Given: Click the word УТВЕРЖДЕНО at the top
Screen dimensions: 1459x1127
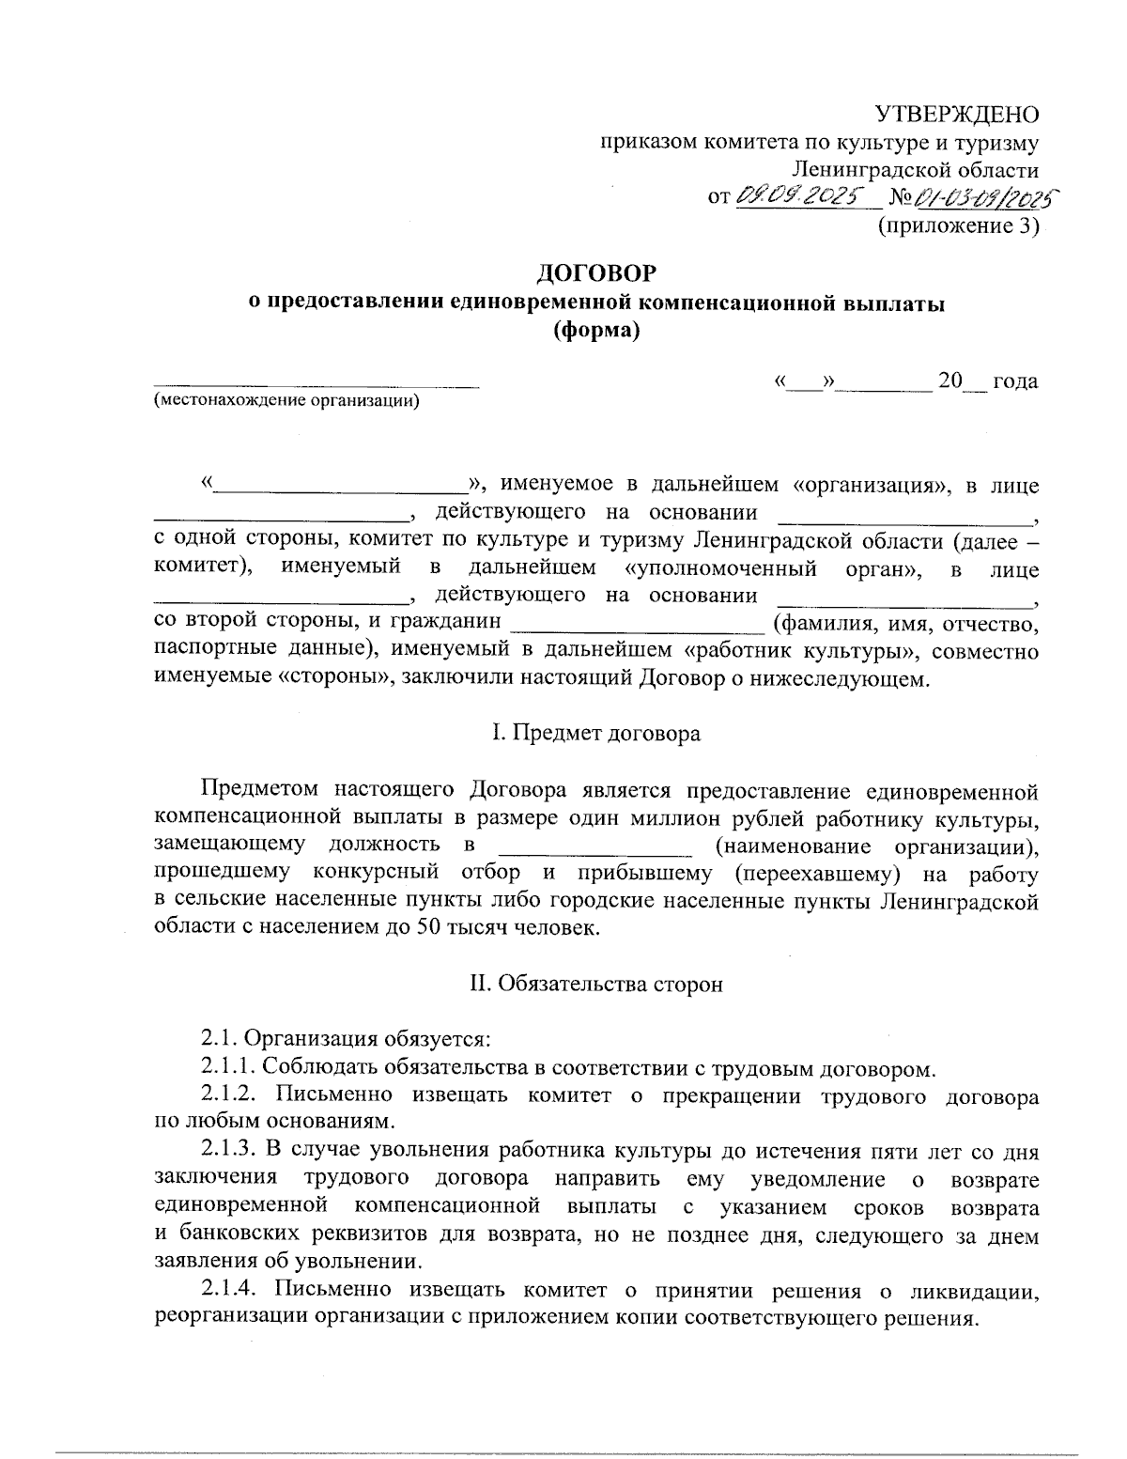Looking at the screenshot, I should click(x=957, y=115).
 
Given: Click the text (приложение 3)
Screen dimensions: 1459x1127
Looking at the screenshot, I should click(x=958, y=225).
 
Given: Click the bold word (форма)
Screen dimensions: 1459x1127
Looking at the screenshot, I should click(x=596, y=330).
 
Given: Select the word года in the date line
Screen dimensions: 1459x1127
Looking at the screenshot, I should click(x=1015, y=380).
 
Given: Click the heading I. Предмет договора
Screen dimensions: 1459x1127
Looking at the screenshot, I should click(x=596, y=733).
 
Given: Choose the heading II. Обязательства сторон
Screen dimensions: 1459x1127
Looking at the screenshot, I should click(x=596, y=985).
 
